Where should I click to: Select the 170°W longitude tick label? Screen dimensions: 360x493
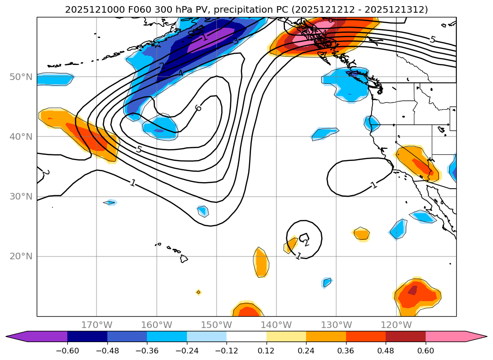click(x=97, y=325)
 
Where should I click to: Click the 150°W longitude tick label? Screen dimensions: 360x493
click(x=217, y=325)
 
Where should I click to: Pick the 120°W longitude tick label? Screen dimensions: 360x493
click(x=396, y=325)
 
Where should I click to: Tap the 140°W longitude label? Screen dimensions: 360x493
click(x=276, y=325)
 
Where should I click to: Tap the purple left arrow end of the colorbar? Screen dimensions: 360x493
click(x=16, y=336)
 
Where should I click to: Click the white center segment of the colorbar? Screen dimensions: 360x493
click(x=246, y=336)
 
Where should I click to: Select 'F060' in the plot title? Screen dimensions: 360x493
click(x=125, y=9)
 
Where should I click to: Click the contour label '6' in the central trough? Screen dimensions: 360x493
click(x=198, y=108)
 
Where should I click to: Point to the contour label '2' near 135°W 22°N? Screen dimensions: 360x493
click(x=306, y=243)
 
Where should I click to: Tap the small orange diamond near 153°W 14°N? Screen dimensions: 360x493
click(x=198, y=292)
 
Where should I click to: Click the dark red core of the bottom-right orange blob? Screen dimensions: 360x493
click(x=412, y=290)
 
